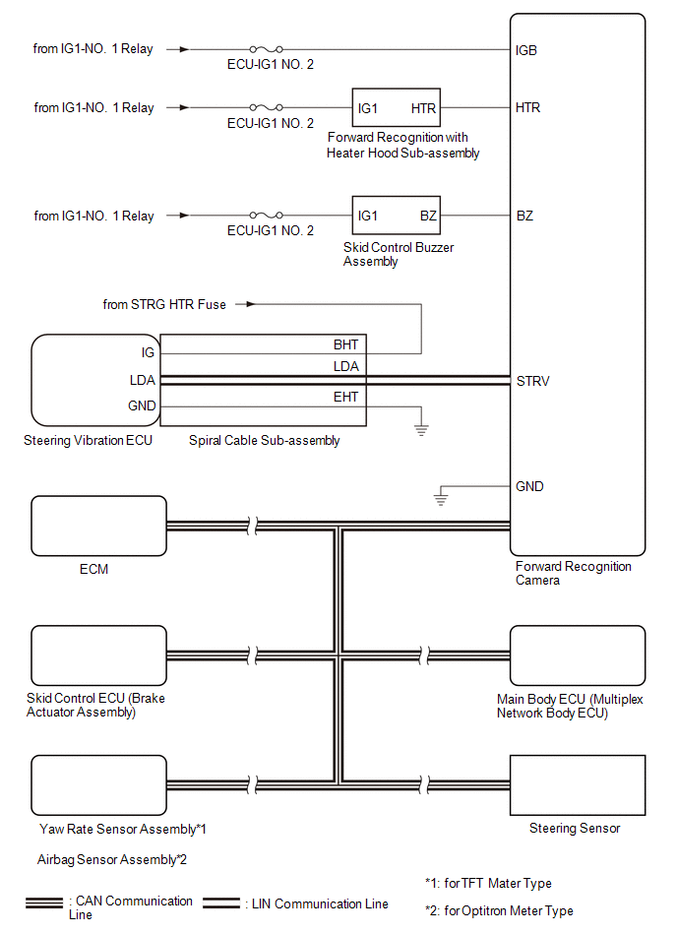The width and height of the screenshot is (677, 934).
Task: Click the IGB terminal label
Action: (x=526, y=49)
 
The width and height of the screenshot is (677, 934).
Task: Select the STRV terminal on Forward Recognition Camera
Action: (x=532, y=381)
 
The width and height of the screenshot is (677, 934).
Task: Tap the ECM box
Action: (x=98, y=527)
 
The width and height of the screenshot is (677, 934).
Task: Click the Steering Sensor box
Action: (x=577, y=784)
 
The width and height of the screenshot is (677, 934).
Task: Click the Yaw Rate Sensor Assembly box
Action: (x=98, y=784)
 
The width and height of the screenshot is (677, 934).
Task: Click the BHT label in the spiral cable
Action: (x=345, y=344)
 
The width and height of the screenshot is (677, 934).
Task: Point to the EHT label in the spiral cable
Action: (x=345, y=397)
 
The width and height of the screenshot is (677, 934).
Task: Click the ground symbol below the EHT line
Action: (x=422, y=428)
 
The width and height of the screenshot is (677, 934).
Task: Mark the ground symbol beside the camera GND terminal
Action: (x=441, y=501)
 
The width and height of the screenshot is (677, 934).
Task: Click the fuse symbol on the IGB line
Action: (x=268, y=49)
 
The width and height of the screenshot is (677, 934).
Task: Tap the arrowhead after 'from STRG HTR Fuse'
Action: (x=251, y=304)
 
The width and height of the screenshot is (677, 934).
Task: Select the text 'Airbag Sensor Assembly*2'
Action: (x=111, y=859)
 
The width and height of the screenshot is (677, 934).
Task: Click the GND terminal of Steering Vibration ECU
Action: (x=141, y=406)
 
